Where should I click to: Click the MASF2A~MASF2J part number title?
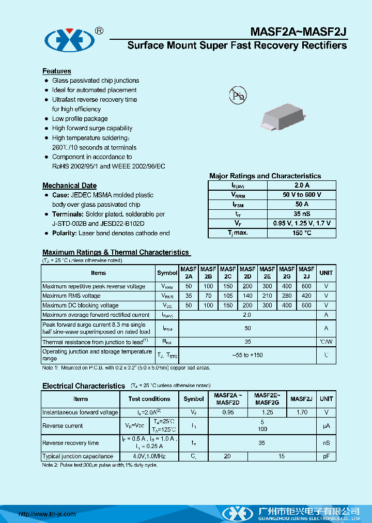(299, 31)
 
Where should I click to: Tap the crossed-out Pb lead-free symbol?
(238, 95)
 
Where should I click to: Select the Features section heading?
(57, 71)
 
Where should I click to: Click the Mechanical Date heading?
(69, 186)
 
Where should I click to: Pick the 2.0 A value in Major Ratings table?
(301, 185)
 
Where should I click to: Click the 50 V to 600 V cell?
(301, 195)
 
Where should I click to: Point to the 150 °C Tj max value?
(301, 233)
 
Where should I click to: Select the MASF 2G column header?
(287, 272)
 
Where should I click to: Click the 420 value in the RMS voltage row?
(306, 296)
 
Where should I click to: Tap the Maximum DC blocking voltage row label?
(81, 305)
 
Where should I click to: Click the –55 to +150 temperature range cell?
(247, 355)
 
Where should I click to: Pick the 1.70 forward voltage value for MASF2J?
(302, 412)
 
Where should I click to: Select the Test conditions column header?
(149, 399)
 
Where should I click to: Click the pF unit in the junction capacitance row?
(326, 456)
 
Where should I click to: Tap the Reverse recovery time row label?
(71, 443)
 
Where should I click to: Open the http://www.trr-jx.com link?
(47, 514)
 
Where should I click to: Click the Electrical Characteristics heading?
(84, 386)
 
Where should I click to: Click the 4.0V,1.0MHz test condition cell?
(149, 456)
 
